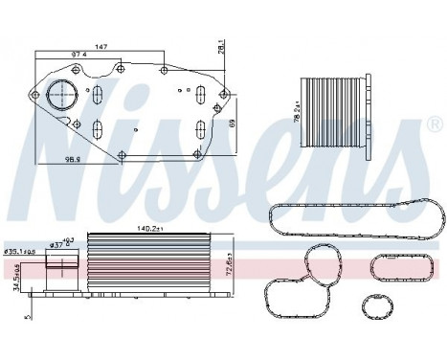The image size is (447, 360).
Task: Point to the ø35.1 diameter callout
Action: coord(20,252)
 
